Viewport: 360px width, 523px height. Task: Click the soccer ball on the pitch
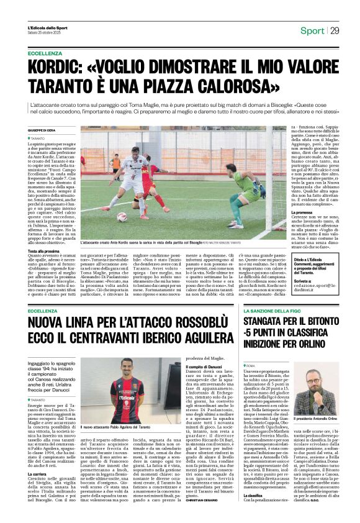click(122, 217)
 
